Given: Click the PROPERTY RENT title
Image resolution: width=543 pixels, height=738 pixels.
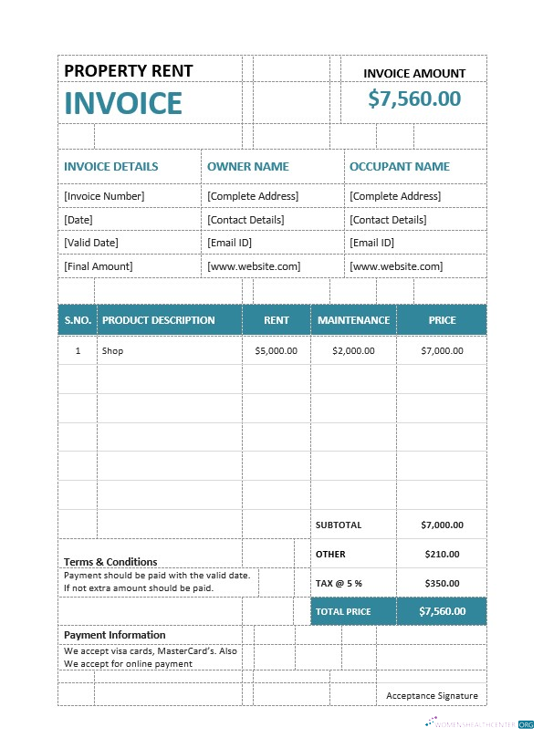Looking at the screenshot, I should tap(128, 71).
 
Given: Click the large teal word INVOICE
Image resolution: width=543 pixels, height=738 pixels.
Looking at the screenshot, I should tap(123, 103).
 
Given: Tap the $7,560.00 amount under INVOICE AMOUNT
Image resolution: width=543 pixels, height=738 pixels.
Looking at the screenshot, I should tap(414, 99).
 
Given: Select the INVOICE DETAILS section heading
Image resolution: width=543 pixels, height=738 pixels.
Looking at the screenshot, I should tap(110, 167).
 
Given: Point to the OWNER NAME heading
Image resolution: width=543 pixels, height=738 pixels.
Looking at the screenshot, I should tap(247, 167).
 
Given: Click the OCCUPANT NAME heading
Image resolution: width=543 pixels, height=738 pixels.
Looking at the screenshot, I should tap(399, 167).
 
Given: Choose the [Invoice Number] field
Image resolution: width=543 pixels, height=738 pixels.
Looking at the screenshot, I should tap(104, 196).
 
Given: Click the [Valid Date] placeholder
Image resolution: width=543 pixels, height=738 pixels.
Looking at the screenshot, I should tap(91, 243).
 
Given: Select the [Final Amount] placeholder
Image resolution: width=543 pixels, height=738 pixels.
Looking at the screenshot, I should tap(98, 266).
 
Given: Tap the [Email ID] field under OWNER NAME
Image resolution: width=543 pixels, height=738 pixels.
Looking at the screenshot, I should tap(229, 243).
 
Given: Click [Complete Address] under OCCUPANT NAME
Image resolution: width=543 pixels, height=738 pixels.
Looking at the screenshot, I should tap(394, 196).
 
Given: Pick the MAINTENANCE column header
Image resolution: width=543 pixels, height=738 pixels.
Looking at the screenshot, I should tap(353, 320).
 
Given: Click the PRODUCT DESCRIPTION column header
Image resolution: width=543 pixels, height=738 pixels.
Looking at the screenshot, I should tap(158, 320).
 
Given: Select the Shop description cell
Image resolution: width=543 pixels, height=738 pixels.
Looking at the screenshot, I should tap(112, 350).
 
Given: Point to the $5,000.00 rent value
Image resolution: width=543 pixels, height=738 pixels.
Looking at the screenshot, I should tap(276, 350).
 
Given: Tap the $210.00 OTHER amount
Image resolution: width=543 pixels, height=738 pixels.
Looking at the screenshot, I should tap(442, 554).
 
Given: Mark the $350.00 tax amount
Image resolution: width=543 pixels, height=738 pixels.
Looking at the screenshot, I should tap(442, 582).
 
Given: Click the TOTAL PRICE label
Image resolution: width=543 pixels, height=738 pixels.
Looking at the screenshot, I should tap(343, 611).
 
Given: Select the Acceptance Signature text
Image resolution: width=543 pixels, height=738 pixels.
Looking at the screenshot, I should tap(432, 695).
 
